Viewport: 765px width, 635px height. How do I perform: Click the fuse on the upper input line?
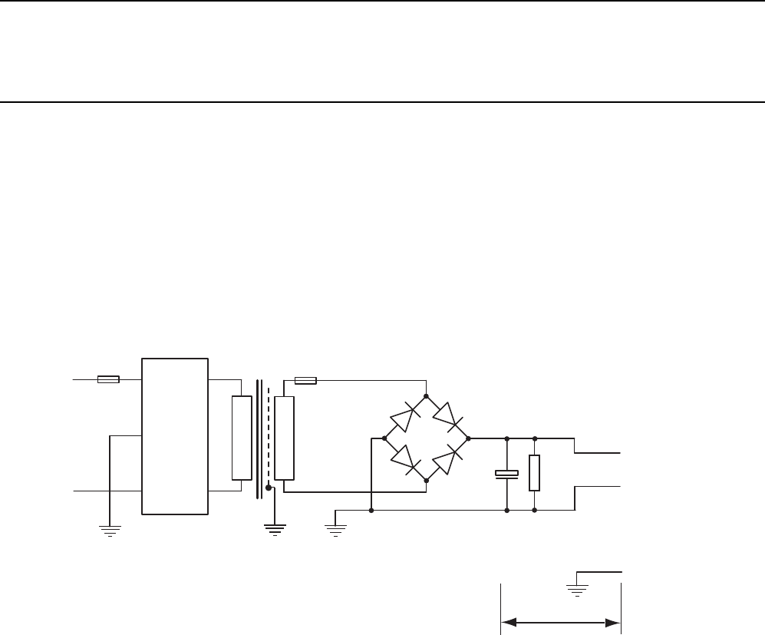click(108, 379)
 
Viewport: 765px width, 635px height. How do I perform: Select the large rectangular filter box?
click(175, 435)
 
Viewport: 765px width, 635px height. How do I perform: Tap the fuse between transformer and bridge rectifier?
click(306, 380)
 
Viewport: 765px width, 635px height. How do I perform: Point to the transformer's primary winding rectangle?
click(242, 438)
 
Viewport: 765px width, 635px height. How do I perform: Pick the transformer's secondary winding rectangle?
click(284, 438)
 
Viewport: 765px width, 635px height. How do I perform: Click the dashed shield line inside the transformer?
click(268, 430)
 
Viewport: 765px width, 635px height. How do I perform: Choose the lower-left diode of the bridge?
click(404, 459)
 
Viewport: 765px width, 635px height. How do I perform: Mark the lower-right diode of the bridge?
click(447, 459)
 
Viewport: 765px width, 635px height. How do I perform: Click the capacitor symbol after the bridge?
click(506, 474)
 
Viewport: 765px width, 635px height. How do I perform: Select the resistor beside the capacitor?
click(534, 472)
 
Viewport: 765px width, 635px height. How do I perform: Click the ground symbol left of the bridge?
click(335, 527)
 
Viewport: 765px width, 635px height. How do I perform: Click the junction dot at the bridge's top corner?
click(426, 395)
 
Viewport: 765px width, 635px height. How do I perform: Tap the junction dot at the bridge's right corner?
click(468, 438)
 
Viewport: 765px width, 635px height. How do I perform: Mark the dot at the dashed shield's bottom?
click(268, 487)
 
